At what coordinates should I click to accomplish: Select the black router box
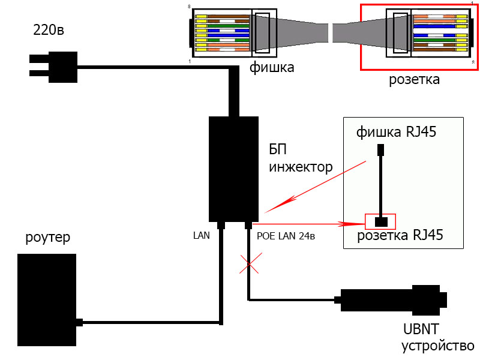(x=47, y=299)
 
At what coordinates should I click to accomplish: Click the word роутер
(x=48, y=238)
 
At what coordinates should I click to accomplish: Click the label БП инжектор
(x=300, y=158)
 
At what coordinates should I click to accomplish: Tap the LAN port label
(x=201, y=236)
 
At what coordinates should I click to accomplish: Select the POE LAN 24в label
(x=286, y=236)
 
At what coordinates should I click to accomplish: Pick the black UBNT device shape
(x=393, y=299)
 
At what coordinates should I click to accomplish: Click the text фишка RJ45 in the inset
(x=395, y=131)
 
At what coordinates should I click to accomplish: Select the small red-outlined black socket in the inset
(x=381, y=221)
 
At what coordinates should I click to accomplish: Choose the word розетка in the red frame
(x=413, y=79)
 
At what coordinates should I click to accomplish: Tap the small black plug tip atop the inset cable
(x=380, y=149)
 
